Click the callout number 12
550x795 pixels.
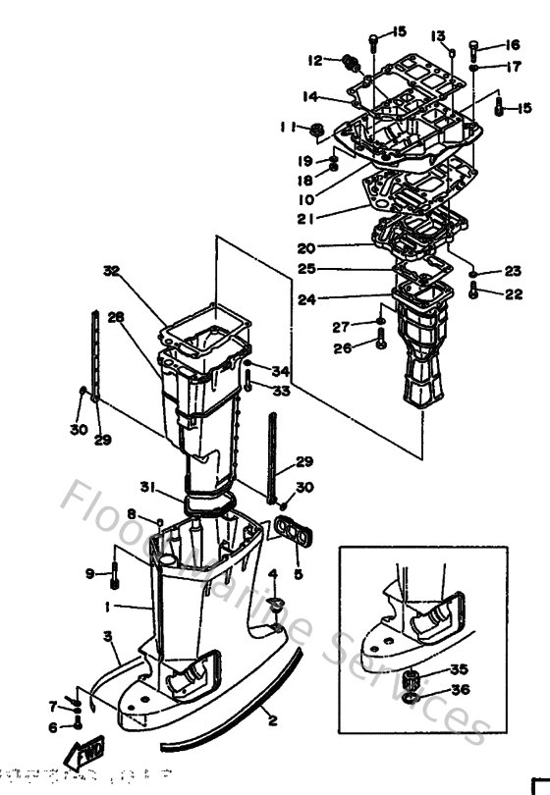click(314, 61)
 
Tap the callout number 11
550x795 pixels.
click(287, 127)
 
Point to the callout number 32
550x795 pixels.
click(110, 270)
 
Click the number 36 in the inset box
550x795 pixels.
click(460, 690)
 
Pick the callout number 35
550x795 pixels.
click(460, 669)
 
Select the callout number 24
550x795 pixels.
click(306, 300)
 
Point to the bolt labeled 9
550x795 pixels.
click(115, 575)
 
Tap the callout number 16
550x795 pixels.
click(512, 45)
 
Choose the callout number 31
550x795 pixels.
click(147, 486)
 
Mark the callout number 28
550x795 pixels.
click(117, 317)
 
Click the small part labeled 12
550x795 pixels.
click(346, 63)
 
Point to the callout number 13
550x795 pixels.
click(437, 35)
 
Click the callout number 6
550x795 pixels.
click(53, 727)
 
